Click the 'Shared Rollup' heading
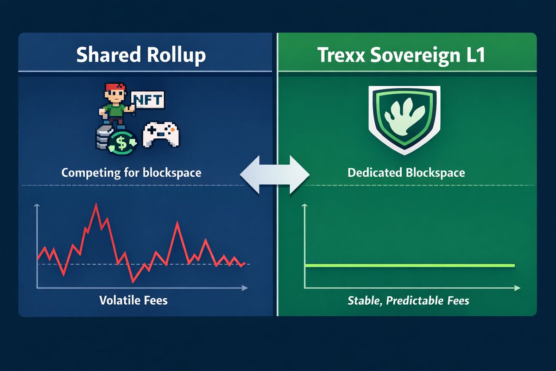[141, 55]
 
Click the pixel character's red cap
[114, 88]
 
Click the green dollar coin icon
[121, 143]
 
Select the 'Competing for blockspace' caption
[132, 173]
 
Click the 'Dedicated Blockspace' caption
[406, 173]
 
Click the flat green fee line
[410, 265]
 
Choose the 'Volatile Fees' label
[133, 300]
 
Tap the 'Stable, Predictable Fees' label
[408, 301]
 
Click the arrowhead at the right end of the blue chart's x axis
[245, 288]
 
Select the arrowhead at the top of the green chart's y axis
[305, 205]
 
